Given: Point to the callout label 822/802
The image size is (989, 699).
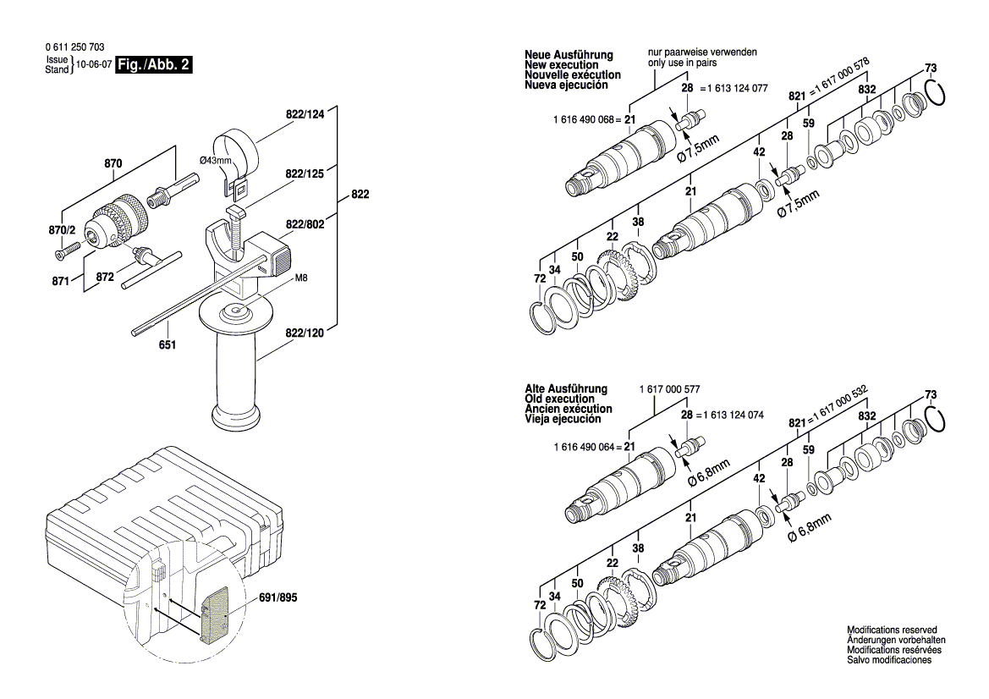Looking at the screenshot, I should click(305, 224).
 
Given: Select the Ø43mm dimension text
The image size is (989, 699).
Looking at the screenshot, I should click(217, 160).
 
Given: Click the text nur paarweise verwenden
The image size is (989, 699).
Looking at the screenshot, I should click(702, 52).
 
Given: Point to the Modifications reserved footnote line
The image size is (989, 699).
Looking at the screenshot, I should click(892, 630).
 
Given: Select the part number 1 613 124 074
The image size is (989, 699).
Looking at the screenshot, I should click(734, 416).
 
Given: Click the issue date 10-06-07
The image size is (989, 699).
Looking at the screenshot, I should click(93, 65).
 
